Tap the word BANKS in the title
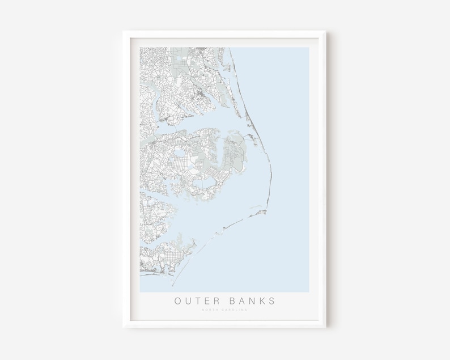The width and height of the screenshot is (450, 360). click(252, 300)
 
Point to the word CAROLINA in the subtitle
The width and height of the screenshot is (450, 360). click(235, 310)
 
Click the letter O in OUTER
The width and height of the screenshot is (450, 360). click(178, 300)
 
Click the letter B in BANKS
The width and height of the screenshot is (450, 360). click(232, 300)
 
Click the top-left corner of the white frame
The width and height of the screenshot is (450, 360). click(123, 32)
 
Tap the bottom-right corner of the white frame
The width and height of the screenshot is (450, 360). click(326, 327)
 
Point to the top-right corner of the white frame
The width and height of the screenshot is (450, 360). click(326, 32)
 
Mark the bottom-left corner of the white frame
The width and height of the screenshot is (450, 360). click(123, 327)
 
